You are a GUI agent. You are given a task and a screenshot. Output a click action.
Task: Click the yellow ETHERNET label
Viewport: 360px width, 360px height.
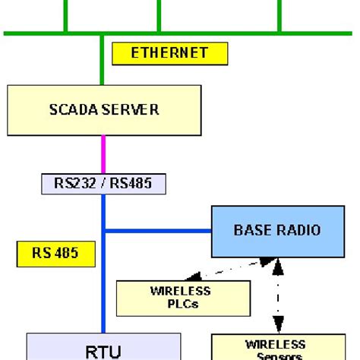(x=170, y=53)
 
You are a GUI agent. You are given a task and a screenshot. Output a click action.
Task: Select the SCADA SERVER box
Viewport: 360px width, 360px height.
(x=103, y=109)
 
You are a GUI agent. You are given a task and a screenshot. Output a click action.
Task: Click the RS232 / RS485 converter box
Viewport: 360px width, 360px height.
(x=103, y=183)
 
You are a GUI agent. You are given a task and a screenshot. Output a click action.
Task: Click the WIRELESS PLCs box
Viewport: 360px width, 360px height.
(x=183, y=298)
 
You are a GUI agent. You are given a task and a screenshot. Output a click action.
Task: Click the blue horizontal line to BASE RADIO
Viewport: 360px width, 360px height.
(x=156, y=230)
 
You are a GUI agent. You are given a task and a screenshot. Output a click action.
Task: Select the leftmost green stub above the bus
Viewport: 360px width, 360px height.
(x=65, y=16)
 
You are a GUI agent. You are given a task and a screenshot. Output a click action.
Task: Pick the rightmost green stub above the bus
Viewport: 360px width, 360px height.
(x=280, y=16)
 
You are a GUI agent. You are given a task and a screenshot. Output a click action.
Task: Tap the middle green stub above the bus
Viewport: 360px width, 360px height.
(x=159, y=16)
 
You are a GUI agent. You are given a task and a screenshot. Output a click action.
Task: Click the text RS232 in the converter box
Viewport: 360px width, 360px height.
(x=74, y=183)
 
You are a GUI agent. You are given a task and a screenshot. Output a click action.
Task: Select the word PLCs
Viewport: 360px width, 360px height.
(x=180, y=304)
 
